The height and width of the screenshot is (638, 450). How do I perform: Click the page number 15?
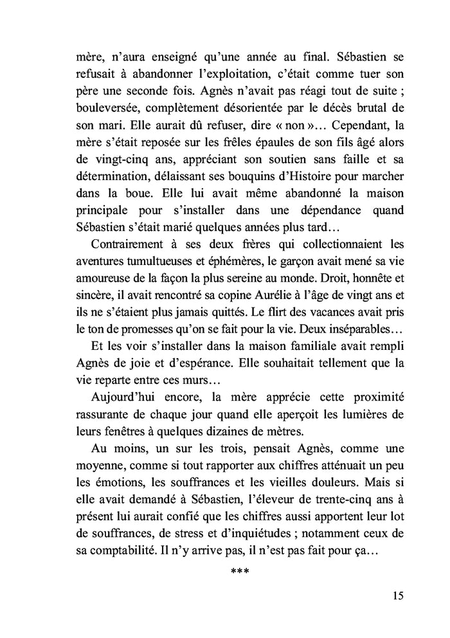(397, 595)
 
